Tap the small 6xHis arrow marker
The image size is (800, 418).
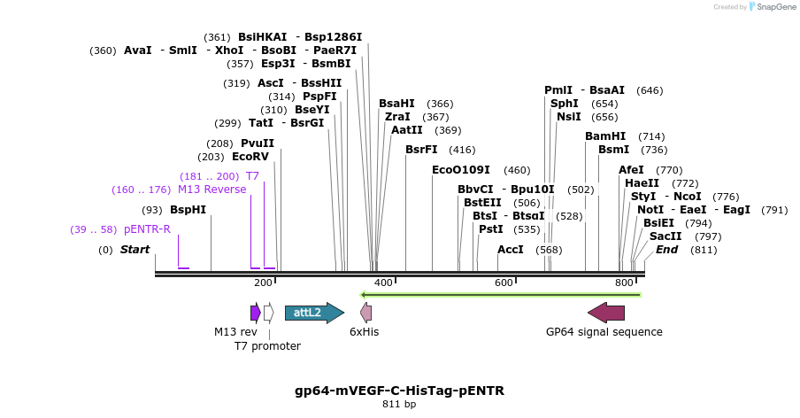pos(365,313)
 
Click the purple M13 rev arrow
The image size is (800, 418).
pos(255,313)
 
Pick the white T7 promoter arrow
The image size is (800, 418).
pos(268,313)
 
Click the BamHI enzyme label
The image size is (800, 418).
pos(605,136)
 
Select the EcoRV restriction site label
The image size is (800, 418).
pos(250,157)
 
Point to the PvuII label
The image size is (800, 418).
pos(258,143)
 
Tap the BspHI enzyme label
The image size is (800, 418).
pos(188,210)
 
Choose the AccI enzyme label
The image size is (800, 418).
pos(511,250)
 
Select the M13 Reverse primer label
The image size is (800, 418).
pos(212,190)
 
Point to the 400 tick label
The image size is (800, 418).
pos(383,283)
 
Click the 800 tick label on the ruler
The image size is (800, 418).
pos(624,283)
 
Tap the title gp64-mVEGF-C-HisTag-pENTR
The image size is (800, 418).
pos(399,391)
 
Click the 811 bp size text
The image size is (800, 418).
pos(399,405)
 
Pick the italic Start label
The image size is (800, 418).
pos(135,250)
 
